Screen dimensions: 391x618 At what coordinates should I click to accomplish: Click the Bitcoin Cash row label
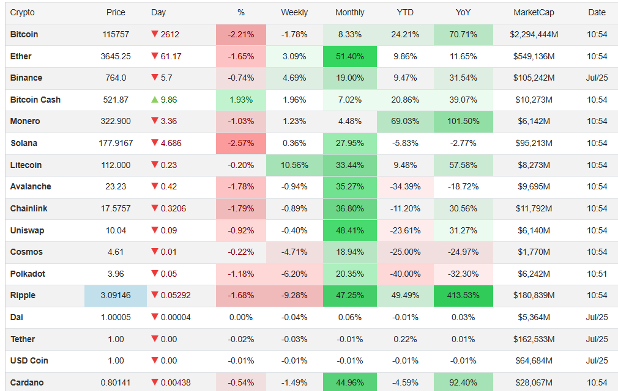(35, 100)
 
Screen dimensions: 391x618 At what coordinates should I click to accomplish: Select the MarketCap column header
(534, 12)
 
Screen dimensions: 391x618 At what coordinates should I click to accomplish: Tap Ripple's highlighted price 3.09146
(116, 296)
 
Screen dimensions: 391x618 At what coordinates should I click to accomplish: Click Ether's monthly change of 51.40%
(350, 56)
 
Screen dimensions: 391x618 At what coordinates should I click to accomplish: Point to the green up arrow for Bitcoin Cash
(154, 100)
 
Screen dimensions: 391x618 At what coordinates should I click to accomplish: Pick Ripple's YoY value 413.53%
(463, 296)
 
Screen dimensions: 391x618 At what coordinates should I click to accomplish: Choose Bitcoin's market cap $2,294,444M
(534, 34)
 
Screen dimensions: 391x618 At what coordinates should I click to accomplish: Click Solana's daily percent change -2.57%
(241, 143)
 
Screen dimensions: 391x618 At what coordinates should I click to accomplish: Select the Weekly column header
(294, 12)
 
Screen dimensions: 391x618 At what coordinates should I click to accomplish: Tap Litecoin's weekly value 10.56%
(294, 165)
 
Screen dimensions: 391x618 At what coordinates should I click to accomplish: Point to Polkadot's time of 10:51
(597, 274)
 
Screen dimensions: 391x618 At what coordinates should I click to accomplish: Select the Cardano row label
(27, 382)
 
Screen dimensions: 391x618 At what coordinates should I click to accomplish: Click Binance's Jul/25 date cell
(597, 78)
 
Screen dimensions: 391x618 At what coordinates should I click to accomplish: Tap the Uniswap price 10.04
(116, 230)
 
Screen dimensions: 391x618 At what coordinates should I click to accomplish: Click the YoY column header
(463, 12)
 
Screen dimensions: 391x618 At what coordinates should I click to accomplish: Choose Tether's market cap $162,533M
(534, 339)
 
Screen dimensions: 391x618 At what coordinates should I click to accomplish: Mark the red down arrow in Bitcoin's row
(154, 34)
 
